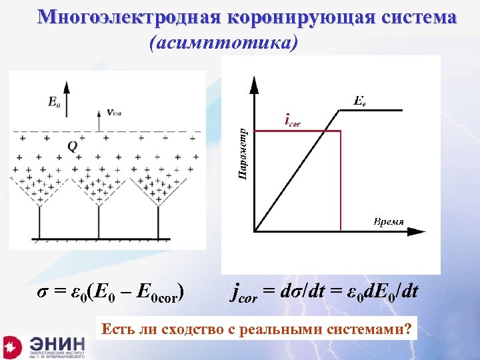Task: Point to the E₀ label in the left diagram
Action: click(x=54, y=103)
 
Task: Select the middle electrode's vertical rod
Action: click(x=99, y=221)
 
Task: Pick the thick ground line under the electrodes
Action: click(x=107, y=238)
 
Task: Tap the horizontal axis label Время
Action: click(x=389, y=221)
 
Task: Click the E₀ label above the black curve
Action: click(x=358, y=102)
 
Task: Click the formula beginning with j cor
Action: click(x=325, y=291)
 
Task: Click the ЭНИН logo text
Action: click(x=57, y=343)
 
